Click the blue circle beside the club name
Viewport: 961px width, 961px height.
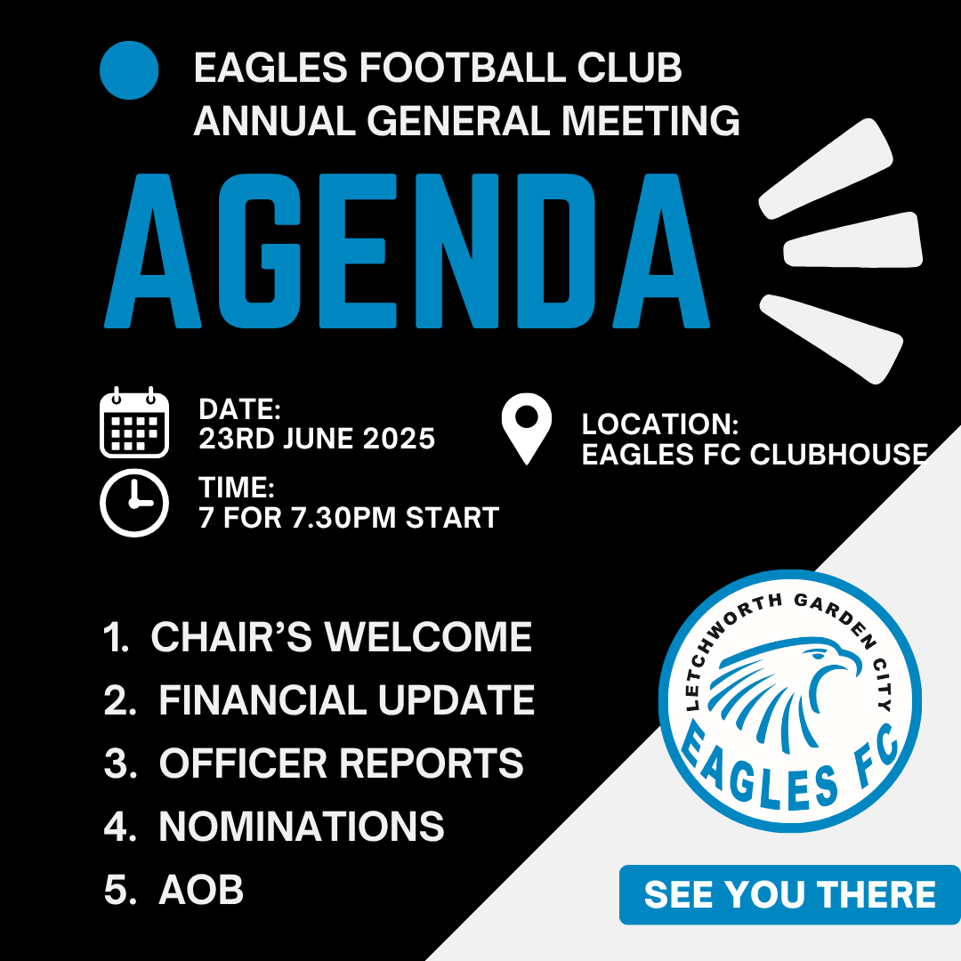(x=129, y=70)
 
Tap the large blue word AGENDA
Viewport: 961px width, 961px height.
(x=407, y=251)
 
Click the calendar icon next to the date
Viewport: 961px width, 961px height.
(x=134, y=423)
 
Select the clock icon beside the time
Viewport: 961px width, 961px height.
(x=134, y=503)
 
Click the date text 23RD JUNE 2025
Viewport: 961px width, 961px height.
(x=317, y=439)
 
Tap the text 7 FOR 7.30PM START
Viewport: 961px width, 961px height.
(x=349, y=518)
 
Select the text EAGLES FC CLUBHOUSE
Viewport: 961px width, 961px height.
(x=755, y=455)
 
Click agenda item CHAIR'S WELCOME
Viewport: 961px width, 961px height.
(x=342, y=637)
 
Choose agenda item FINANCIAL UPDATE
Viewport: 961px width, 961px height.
(x=347, y=700)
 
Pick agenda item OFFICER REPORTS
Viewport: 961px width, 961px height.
(x=342, y=763)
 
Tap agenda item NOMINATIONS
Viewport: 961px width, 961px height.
(x=302, y=826)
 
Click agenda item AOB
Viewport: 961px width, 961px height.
(x=201, y=890)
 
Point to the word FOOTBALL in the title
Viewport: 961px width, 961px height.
(x=463, y=68)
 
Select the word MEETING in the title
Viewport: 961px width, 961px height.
(x=650, y=120)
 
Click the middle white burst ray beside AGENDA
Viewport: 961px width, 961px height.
(x=853, y=240)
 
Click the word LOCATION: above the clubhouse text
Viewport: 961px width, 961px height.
(x=660, y=424)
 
